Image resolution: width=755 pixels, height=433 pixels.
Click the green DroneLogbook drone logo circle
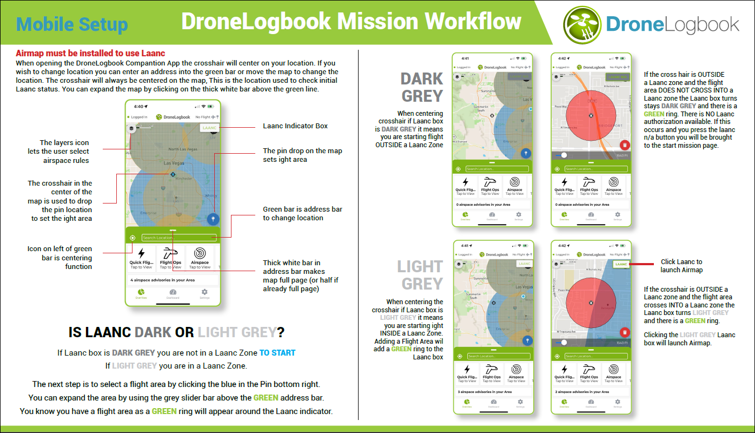(x=582, y=24)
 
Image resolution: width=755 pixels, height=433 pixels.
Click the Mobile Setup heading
(x=72, y=24)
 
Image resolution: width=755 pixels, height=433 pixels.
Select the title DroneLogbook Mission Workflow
(x=351, y=22)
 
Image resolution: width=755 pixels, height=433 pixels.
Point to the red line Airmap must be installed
(x=90, y=54)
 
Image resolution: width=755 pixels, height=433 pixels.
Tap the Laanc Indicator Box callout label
(x=295, y=126)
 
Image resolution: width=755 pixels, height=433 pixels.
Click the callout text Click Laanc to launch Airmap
(x=681, y=266)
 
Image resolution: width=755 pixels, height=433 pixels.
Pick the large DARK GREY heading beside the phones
(x=422, y=87)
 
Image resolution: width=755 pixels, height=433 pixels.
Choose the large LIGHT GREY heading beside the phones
(x=420, y=275)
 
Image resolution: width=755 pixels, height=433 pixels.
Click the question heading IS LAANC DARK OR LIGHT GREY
(x=177, y=332)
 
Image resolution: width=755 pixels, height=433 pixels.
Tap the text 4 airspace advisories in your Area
(x=162, y=280)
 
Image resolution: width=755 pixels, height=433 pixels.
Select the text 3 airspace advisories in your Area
(x=485, y=392)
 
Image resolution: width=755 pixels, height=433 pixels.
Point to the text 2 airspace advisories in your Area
(x=582, y=392)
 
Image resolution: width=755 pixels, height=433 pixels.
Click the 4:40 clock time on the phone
(x=140, y=107)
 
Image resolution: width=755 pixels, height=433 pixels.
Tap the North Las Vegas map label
(x=181, y=149)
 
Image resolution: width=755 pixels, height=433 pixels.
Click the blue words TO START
(x=277, y=353)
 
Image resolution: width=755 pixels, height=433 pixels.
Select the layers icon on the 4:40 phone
(x=132, y=128)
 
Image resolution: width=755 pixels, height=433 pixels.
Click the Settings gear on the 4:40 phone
(x=204, y=292)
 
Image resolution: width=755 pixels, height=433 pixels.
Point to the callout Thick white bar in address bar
(x=294, y=275)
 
